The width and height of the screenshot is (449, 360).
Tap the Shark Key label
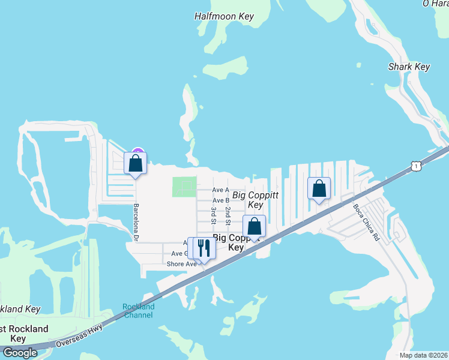click(409, 67)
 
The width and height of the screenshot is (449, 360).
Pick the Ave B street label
click(221, 200)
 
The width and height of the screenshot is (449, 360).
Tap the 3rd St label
click(214, 215)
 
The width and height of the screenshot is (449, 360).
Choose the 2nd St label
click(228, 214)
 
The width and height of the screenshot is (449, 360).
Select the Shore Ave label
click(182, 264)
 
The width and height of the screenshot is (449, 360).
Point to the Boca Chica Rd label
click(367, 220)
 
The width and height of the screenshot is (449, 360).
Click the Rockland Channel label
click(139, 311)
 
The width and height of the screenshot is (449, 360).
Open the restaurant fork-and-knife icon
click(203, 248)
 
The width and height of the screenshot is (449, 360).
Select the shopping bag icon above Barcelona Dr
click(135, 163)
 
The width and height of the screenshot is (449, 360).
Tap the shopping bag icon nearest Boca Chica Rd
click(319, 188)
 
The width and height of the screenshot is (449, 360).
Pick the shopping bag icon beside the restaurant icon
click(255, 227)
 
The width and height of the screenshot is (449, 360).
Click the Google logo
click(20, 353)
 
